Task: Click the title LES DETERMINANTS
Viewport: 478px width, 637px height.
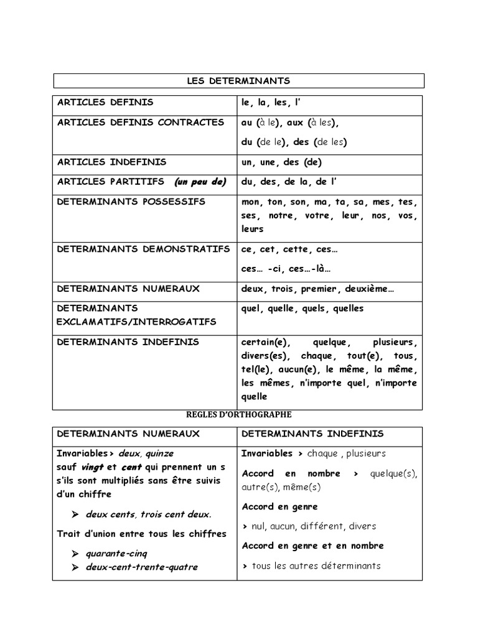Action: click(238, 81)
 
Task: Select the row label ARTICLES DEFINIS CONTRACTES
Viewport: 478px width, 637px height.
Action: click(141, 123)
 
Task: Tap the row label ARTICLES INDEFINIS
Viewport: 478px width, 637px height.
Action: click(112, 162)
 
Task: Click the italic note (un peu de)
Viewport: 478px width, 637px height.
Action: click(200, 182)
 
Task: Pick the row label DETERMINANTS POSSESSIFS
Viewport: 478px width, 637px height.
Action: click(131, 202)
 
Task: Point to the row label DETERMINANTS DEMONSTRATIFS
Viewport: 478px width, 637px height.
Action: click(143, 249)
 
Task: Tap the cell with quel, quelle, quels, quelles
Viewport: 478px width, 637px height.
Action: click(302, 309)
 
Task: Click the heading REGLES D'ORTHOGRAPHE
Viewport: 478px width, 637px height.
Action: click(238, 414)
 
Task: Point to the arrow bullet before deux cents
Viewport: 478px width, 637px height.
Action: click(75, 514)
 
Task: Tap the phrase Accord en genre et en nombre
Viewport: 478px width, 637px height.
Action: click(312, 546)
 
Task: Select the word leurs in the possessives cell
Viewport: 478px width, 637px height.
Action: click(253, 229)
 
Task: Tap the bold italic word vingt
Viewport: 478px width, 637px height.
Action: click(92, 467)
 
